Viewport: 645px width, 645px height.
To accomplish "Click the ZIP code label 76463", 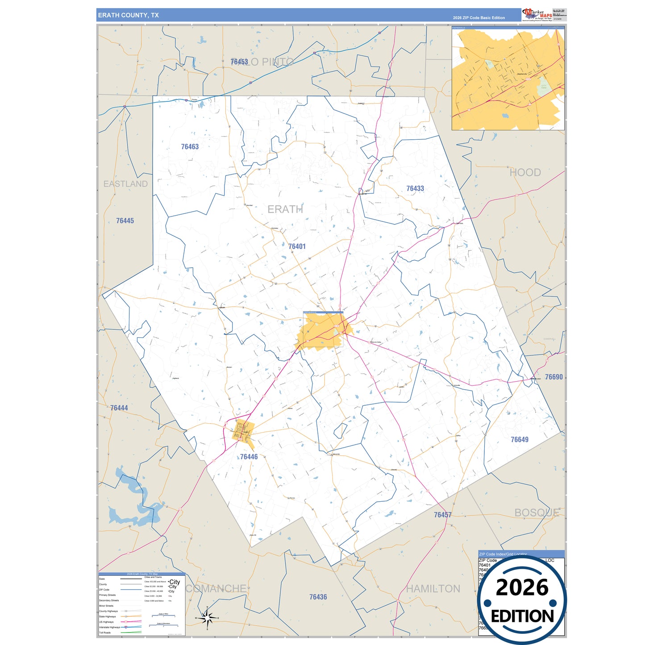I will (190, 146).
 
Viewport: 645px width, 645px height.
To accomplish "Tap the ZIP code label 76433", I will (415, 188).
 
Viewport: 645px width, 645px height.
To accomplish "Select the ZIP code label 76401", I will (297, 246).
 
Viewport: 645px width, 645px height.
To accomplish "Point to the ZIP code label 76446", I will (249, 457).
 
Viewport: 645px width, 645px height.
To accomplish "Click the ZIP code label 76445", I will (125, 221).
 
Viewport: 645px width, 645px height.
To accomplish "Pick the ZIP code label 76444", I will (119, 408).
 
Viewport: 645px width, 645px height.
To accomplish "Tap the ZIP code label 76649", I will (520, 440).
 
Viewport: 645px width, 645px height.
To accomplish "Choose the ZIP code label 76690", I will (554, 377).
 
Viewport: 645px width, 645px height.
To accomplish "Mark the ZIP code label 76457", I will (443, 515).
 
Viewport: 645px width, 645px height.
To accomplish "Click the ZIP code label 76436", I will (318, 597).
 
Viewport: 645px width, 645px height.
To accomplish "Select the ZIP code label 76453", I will (239, 62).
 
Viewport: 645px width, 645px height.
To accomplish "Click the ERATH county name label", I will (285, 209).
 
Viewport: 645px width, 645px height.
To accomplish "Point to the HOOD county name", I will (525, 172).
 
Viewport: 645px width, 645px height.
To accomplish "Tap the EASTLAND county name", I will (125, 184).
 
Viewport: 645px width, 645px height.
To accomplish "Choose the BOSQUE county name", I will (537, 513).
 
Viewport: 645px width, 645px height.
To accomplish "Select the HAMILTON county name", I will (433, 589).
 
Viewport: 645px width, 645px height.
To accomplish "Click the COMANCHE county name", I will (216, 589).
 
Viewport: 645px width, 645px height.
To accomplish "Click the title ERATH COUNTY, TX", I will (129, 15).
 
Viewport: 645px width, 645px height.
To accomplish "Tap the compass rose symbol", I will (207, 618).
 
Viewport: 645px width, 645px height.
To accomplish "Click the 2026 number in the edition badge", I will (522, 587).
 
